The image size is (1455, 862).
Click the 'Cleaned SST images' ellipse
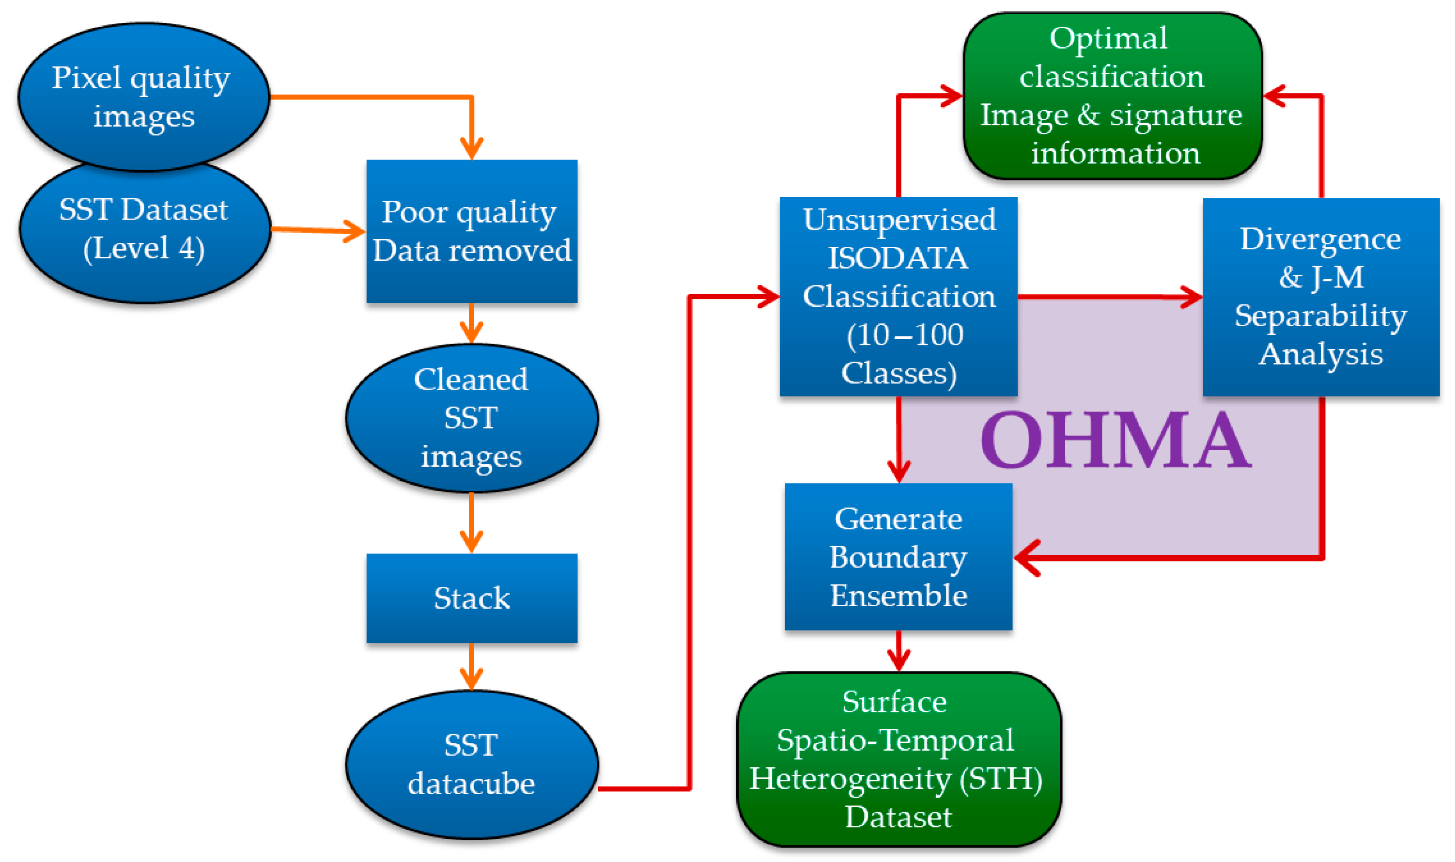[x=471, y=418]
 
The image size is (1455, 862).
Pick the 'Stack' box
[x=471, y=598]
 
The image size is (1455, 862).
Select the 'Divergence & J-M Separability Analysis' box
[x=1320, y=296]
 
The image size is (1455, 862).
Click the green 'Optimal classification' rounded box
[x=1112, y=96]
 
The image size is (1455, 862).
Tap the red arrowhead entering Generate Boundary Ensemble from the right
[x=1027, y=557]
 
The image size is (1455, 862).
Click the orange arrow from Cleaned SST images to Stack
[x=471, y=523]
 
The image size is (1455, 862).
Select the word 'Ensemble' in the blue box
[x=899, y=596]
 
